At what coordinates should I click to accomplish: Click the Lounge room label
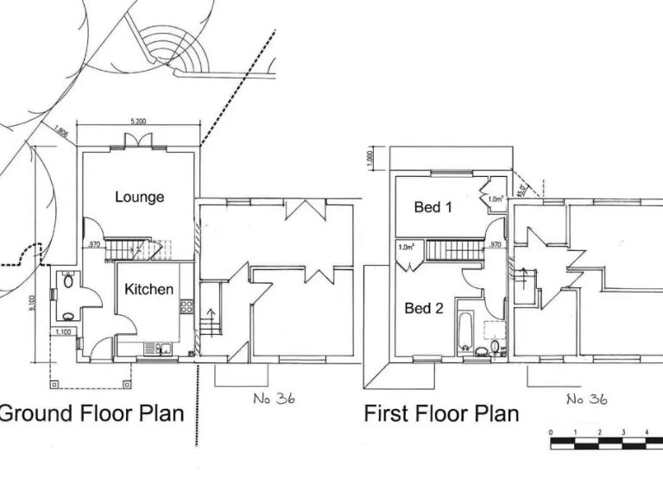(x=139, y=197)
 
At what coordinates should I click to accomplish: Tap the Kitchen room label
(x=149, y=289)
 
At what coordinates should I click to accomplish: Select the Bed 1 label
(x=433, y=207)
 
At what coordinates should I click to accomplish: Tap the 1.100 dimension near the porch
(x=62, y=332)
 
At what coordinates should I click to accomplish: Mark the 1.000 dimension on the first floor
(x=369, y=159)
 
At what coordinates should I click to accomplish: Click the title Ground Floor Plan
(x=92, y=412)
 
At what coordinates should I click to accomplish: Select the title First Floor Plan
(x=441, y=413)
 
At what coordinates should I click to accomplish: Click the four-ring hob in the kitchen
(x=185, y=306)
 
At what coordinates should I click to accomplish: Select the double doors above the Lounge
(x=137, y=141)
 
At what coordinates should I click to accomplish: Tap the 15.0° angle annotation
(x=522, y=185)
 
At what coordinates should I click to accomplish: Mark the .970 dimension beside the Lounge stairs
(x=95, y=246)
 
